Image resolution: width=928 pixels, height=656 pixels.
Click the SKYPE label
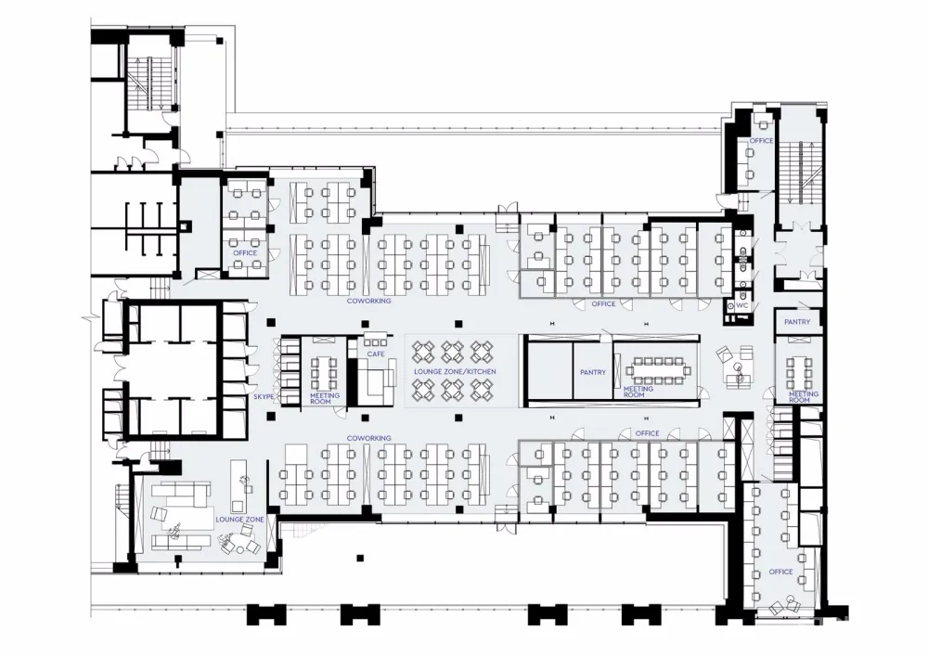264,396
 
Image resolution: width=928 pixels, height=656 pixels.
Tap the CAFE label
376,354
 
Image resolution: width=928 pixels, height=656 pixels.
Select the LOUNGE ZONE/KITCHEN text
455,371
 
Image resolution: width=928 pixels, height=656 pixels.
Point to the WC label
742,306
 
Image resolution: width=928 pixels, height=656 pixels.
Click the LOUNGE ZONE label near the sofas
239,520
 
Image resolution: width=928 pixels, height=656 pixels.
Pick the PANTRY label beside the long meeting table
593,372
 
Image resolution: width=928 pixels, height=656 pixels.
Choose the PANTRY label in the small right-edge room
797,322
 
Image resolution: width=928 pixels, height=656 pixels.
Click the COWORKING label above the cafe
368,301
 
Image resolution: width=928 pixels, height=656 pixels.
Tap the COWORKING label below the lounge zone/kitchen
368,438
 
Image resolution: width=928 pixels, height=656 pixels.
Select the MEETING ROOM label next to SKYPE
325,398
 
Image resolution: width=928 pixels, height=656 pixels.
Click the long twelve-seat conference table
657,371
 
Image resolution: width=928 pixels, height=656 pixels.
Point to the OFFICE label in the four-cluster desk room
245,252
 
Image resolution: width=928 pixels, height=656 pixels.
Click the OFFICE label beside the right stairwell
761,141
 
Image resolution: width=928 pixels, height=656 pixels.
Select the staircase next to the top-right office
800,172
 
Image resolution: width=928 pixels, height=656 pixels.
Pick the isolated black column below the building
360,558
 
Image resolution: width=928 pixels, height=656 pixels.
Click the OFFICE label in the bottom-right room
780,572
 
